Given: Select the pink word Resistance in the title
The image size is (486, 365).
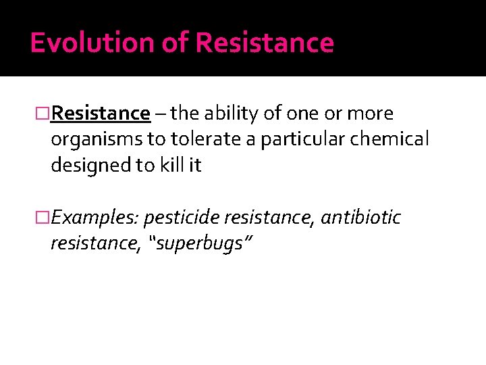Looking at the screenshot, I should (265, 43).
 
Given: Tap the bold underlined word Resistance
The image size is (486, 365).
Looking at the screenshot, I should (101, 113).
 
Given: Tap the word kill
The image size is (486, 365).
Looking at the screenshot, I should (169, 166).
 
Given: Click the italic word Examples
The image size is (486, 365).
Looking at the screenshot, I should (94, 218).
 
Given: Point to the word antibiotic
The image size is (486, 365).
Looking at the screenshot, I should (360, 218).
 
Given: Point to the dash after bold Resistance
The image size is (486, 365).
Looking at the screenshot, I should (160, 113).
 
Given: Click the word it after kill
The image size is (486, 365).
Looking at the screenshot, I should (194, 166).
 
